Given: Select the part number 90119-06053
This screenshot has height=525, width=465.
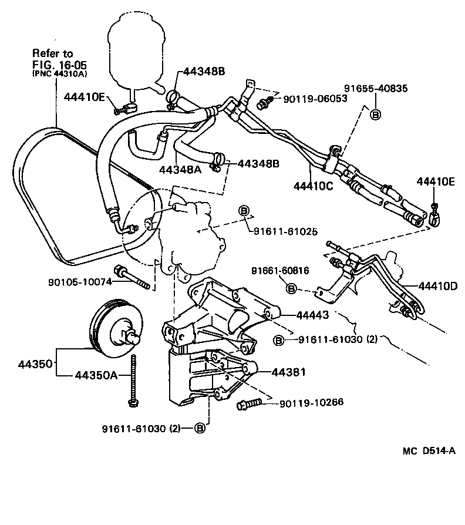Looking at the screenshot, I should point(315,99).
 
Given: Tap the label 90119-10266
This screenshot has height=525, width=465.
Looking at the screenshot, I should point(311,402).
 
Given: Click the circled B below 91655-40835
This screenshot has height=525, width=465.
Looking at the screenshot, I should point(376,114).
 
